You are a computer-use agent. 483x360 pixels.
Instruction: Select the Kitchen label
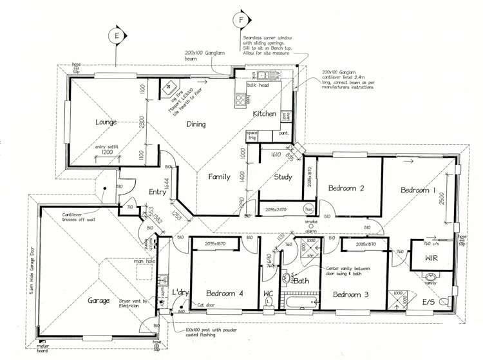pos(264,114)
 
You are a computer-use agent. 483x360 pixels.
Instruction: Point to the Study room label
pos(282,177)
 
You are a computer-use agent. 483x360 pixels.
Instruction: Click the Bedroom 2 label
pos(347,189)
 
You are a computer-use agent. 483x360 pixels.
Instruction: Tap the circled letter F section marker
pos(242,19)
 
